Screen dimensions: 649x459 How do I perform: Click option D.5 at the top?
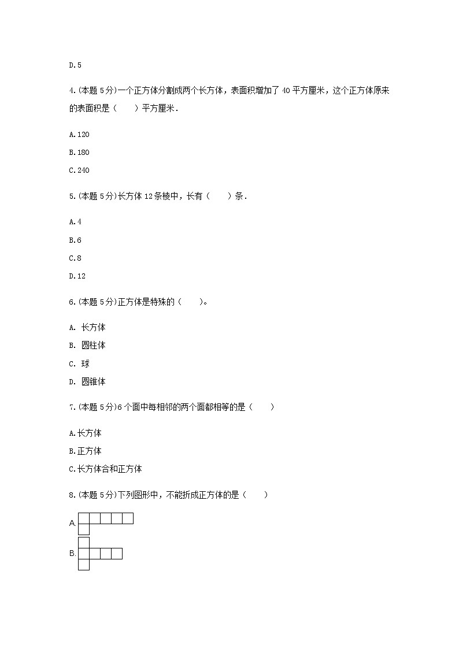point(75,65)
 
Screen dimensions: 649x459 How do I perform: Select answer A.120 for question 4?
point(79,135)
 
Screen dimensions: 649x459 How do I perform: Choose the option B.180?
point(79,153)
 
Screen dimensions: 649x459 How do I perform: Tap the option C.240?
point(79,170)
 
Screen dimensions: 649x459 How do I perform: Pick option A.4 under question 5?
point(75,222)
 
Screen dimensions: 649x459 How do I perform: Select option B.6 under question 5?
point(75,240)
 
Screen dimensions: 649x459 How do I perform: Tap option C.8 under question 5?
point(75,258)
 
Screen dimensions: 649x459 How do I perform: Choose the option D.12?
point(77,276)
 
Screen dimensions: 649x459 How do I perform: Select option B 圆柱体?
point(87,346)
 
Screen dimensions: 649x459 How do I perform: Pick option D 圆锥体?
point(87,381)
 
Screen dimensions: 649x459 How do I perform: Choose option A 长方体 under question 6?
point(87,328)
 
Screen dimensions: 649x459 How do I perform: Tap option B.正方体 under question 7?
point(86,451)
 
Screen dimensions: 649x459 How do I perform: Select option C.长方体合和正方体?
point(105,469)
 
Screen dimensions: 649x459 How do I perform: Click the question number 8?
point(71,495)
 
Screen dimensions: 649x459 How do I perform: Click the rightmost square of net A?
point(128,518)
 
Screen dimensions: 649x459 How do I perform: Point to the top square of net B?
point(84,543)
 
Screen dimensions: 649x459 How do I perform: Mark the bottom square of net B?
point(84,565)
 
